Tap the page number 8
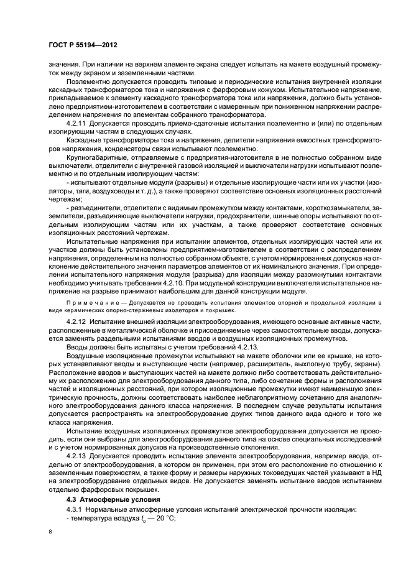51,532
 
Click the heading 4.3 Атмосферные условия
109,499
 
